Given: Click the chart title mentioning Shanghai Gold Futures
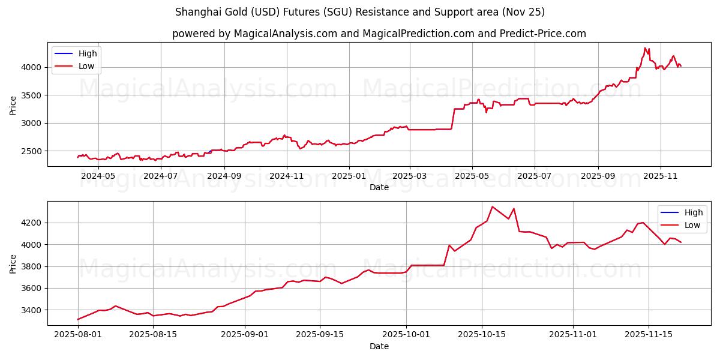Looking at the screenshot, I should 360,12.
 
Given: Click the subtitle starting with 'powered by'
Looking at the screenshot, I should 379,34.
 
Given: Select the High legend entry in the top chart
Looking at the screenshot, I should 88,53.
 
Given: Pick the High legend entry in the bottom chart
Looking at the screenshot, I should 694,212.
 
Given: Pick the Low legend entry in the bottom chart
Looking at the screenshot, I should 692,225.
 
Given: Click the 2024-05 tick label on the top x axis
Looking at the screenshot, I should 98,176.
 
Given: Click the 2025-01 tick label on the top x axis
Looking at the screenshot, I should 349,176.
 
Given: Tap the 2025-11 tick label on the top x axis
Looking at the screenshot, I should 660,176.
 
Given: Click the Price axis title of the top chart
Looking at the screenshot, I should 13,104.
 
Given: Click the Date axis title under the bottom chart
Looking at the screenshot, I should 379,346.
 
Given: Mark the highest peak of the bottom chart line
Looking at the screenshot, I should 493,207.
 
